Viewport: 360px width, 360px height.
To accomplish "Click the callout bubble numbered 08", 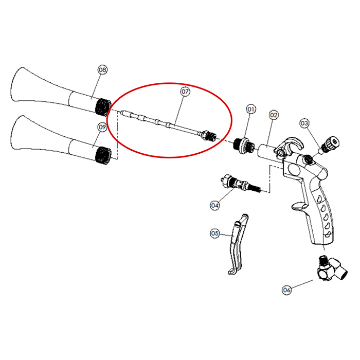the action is (x=102, y=69).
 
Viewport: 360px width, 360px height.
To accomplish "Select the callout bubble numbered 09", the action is (x=102, y=127).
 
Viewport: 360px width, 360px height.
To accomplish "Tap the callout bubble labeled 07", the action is (x=185, y=92).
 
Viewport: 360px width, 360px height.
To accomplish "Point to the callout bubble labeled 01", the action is (x=251, y=109).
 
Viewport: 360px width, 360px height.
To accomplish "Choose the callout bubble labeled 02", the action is (x=274, y=115).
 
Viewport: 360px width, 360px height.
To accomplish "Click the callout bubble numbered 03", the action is (x=304, y=123).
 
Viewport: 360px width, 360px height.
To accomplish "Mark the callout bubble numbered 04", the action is (x=214, y=205).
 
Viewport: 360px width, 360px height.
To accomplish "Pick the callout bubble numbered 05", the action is (x=214, y=233).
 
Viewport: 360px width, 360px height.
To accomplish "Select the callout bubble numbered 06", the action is (x=286, y=290).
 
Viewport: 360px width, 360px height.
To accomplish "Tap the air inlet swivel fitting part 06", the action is (x=332, y=268).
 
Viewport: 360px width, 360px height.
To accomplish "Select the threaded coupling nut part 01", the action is (x=244, y=146).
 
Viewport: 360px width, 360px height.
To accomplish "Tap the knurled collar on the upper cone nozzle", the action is (x=103, y=107).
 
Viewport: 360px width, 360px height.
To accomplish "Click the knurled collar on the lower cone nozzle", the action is (x=103, y=156).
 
